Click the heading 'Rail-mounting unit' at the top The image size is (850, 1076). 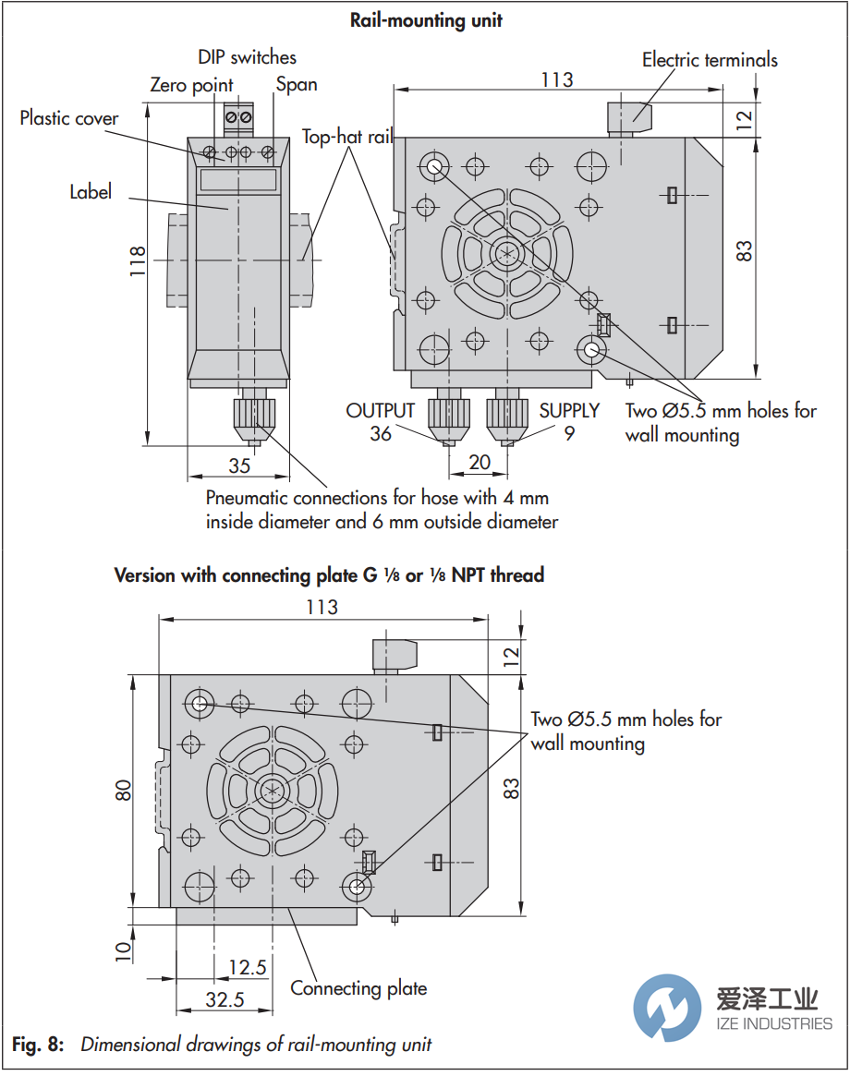coord(426,19)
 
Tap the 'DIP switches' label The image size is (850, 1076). coord(247,57)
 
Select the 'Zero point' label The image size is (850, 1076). coord(191,85)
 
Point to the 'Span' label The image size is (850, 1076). coord(297,84)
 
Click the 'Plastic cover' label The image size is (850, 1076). coord(69,118)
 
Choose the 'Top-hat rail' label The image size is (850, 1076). coord(347,138)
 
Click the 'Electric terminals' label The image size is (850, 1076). coord(710,60)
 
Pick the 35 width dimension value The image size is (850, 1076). coord(239,465)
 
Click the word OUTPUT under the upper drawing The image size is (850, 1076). coord(381,410)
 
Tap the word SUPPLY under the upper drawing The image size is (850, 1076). coord(570,410)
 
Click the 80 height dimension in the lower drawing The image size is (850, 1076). coord(124,790)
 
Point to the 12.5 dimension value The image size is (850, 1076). coord(247,967)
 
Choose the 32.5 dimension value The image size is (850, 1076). coord(225,998)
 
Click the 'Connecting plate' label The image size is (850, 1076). coord(358,988)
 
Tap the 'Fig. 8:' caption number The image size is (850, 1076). coord(39,1045)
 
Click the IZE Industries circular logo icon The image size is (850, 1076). coord(667,1010)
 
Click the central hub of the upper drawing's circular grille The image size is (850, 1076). coord(505,252)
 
